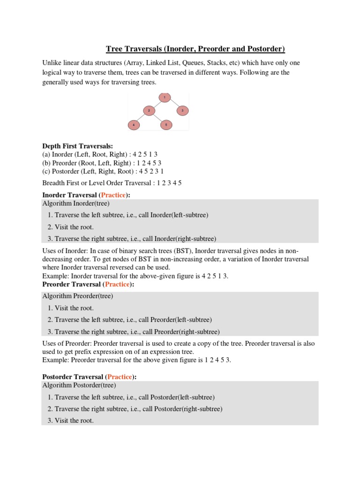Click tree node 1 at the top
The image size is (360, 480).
(x=164, y=97)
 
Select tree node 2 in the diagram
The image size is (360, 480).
(x=149, y=111)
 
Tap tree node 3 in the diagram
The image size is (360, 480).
(x=182, y=111)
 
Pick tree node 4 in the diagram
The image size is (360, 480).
(x=134, y=125)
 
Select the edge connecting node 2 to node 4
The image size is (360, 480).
(x=141, y=118)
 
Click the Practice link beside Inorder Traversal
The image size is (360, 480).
(x=113, y=195)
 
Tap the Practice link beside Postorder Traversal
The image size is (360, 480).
(x=120, y=376)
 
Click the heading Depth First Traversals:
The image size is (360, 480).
(x=77, y=147)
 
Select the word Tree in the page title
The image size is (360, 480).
(x=114, y=49)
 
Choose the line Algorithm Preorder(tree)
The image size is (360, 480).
(x=78, y=296)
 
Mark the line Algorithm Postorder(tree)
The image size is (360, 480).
(x=79, y=385)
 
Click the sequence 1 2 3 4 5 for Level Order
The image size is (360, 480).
(x=165, y=183)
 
